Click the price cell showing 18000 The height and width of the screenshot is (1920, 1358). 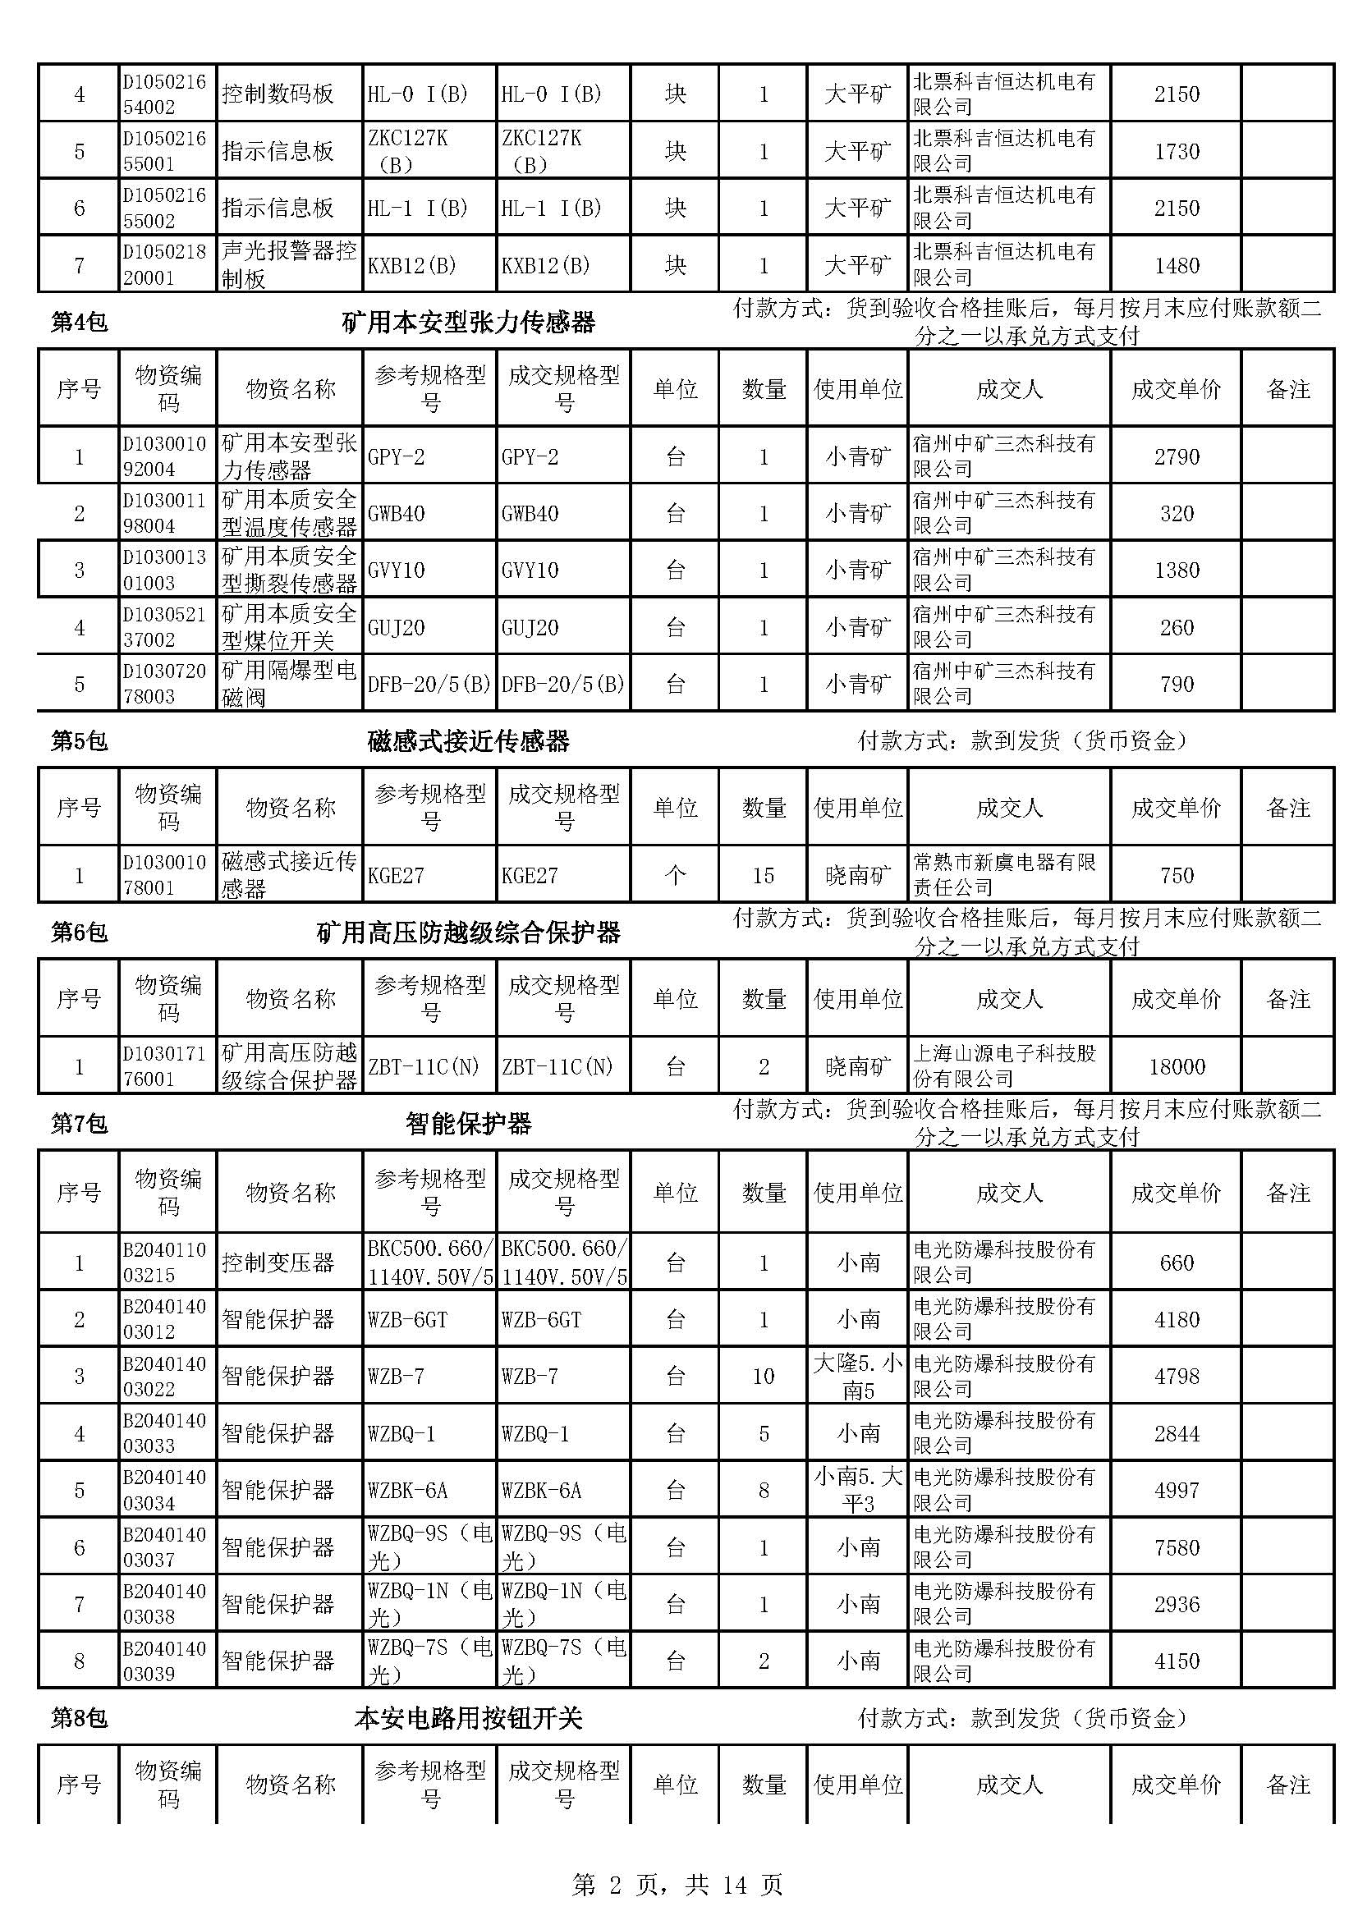(1176, 1066)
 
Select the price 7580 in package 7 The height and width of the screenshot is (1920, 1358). (1176, 1547)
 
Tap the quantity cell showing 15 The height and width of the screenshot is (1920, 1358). (763, 876)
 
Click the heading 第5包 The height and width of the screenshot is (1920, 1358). (80, 741)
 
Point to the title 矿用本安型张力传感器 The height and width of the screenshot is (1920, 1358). (468, 322)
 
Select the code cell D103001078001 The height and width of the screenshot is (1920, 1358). (165, 875)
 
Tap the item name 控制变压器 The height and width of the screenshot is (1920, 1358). (278, 1262)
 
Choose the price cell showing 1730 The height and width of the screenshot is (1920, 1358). (1176, 151)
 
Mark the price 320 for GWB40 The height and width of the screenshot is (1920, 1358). (1176, 513)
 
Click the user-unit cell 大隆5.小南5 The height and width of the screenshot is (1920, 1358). (858, 1377)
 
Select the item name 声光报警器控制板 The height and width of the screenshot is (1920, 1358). (288, 264)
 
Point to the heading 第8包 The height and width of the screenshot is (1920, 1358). (80, 1718)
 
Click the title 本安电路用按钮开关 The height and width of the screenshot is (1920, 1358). (468, 1718)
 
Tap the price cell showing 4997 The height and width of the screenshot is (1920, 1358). (1176, 1490)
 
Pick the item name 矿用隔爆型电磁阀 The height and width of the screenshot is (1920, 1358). (288, 684)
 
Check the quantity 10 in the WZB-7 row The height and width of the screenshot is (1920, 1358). (763, 1377)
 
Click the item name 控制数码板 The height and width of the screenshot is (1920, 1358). (278, 94)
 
